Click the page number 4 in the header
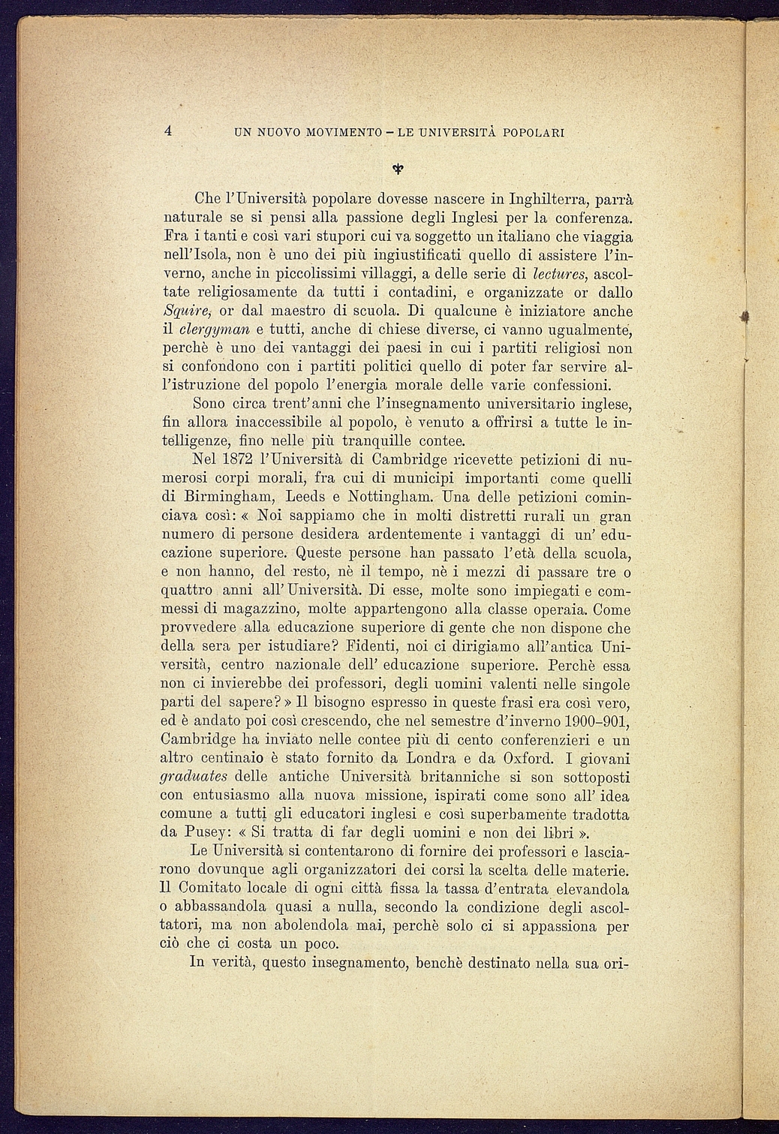pos(169,131)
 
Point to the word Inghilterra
pos(549,200)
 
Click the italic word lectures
pos(558,274)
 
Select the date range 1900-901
pos(591,721)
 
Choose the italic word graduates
pos(194,777)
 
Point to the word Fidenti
pos(377,646)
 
